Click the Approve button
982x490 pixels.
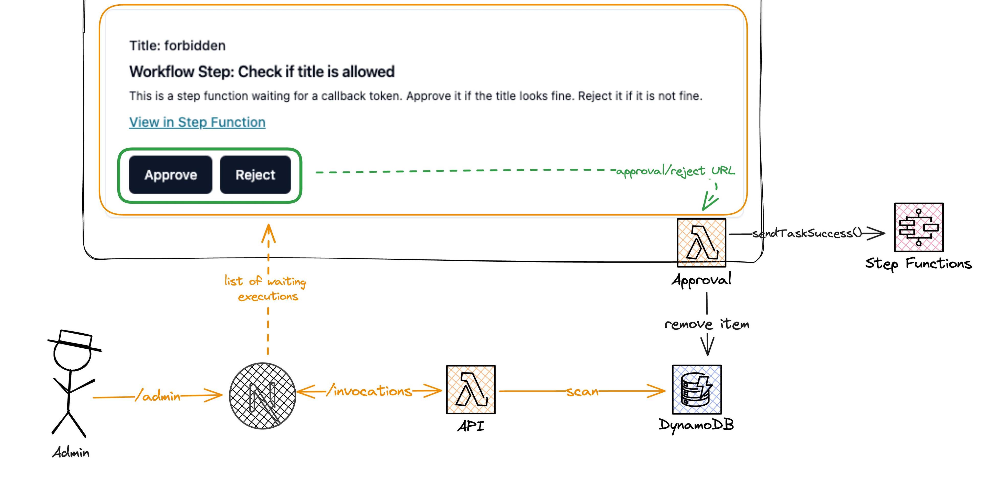click(170, 175)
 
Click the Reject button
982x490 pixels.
click(255, 175)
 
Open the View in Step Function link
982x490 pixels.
click(197, 122)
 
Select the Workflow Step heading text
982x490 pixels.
click(262, 72)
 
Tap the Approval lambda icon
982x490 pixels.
click(701, 243)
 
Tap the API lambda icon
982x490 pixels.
click(471, 389)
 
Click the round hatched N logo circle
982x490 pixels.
click(263, 396)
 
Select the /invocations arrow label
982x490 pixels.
click(369, 391)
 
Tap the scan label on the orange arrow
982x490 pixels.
click(582, 391)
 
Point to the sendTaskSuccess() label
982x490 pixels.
click(807, 233)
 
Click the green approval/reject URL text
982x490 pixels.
click(675, 171)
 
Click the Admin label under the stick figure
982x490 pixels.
click(71, 453)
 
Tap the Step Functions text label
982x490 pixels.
click(918, 264)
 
